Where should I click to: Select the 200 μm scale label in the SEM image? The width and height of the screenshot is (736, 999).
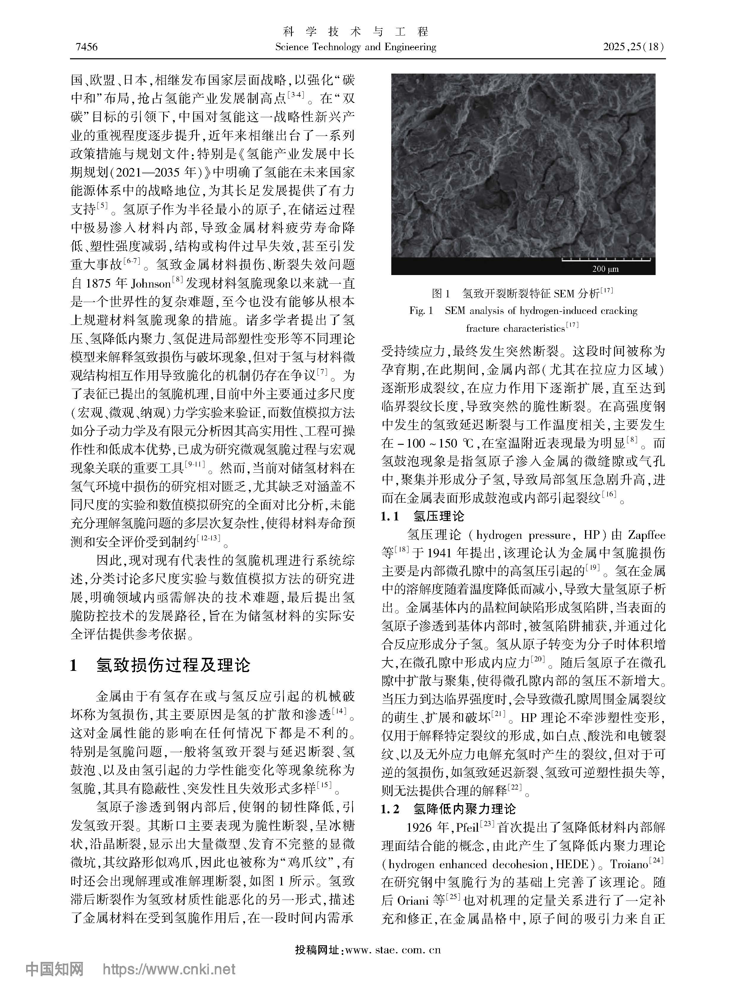pyautogui.click(x=605, y=269)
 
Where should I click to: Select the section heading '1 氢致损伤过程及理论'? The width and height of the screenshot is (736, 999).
pyautogui.click(x=160, y=665)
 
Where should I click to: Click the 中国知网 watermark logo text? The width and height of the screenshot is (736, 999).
pyautogui.click(x=54, y=979)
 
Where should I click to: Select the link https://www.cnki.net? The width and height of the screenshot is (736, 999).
pyautogui.click(x=169, y=979)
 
